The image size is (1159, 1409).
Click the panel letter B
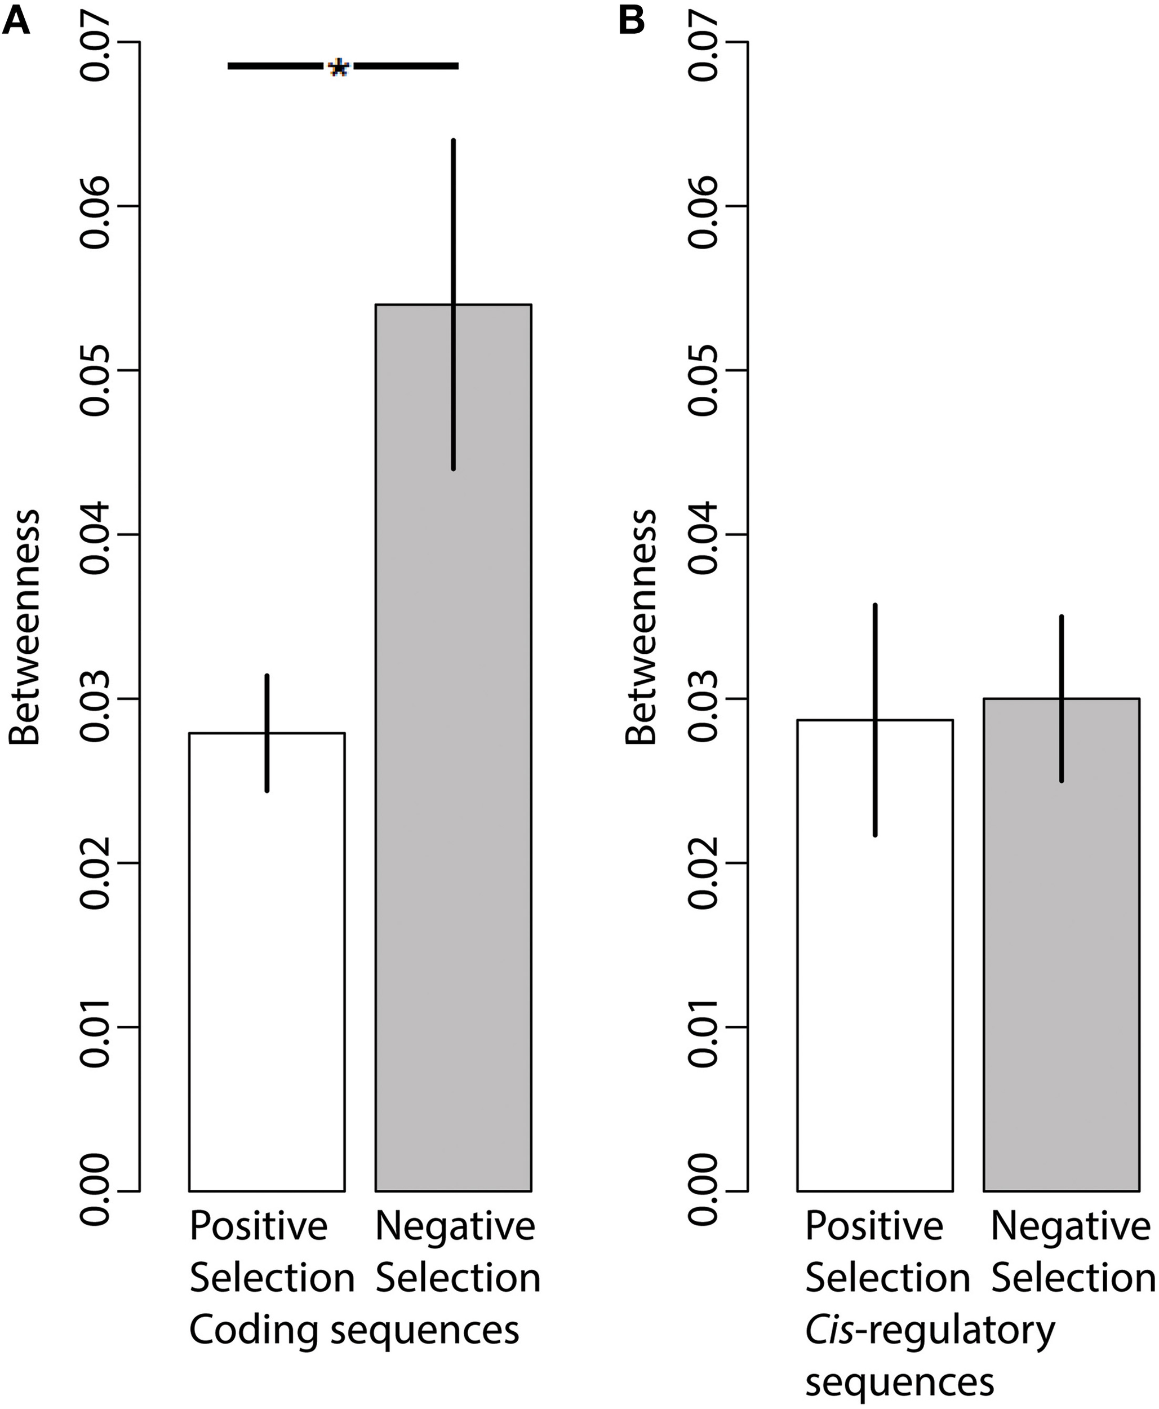[631, 21]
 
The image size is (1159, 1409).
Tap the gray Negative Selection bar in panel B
[1061, 968]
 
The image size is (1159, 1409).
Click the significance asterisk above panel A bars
[339, 68]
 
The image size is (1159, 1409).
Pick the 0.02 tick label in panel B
[704, 863]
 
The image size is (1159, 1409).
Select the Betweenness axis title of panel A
[25, 628]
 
